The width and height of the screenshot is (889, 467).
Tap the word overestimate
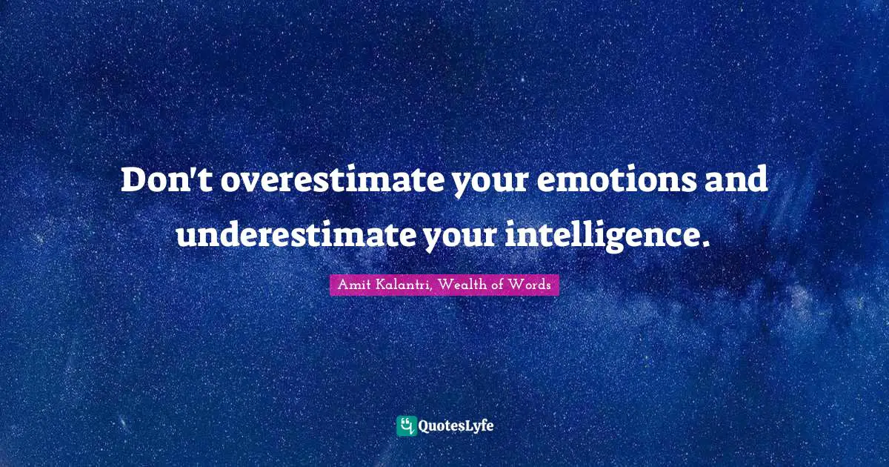click(332, 180)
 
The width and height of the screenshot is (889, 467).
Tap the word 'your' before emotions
click(490, 184)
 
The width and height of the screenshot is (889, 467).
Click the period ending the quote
click(704, 242)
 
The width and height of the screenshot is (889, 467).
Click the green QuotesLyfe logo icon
click(407, 425)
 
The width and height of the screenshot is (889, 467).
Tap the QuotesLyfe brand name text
click(456, 426)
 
